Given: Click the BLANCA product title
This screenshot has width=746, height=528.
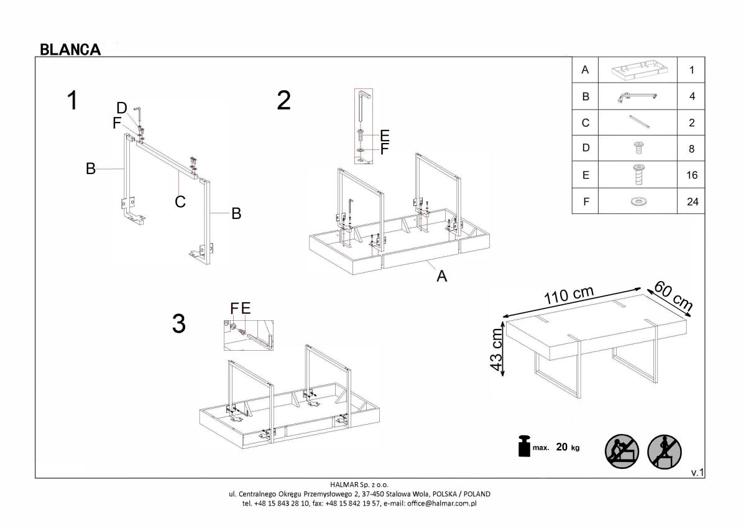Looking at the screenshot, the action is (x=70, y=50).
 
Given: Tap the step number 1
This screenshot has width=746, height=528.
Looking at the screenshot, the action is (x=72, y=100).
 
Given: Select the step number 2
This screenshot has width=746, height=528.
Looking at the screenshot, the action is (x=283, y=100).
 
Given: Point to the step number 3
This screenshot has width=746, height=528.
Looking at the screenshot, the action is (x=179, y=324).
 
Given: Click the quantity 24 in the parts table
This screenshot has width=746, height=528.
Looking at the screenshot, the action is (x=693, y=201).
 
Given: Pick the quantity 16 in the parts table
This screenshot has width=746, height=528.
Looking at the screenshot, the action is (x=692, y=175).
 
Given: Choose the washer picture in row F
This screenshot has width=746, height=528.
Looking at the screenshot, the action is (x=639, y=201).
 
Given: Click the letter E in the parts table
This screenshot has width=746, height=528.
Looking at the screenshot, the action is (x=586, y=175).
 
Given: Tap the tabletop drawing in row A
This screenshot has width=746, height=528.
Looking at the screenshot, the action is (x=640, y=71).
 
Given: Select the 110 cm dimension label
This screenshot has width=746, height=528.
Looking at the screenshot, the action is (x=569, y=295).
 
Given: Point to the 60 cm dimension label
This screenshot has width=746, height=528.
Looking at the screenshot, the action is (x=673, y=296).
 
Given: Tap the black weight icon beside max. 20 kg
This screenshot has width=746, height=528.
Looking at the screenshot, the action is (x=524, y=446).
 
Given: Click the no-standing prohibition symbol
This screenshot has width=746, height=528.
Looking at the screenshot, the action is (x=665, y=452).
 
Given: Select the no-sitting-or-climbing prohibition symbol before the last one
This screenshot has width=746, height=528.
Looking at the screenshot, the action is (x=622, y=452).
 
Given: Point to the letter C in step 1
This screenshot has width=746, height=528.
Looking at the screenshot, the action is (x=180, y=201).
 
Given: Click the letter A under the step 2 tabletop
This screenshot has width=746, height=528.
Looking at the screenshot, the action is (x=441, y=276).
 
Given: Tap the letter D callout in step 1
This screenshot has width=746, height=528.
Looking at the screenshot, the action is (x=122, y=108).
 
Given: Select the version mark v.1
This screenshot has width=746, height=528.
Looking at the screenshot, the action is (x=698, y=473).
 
